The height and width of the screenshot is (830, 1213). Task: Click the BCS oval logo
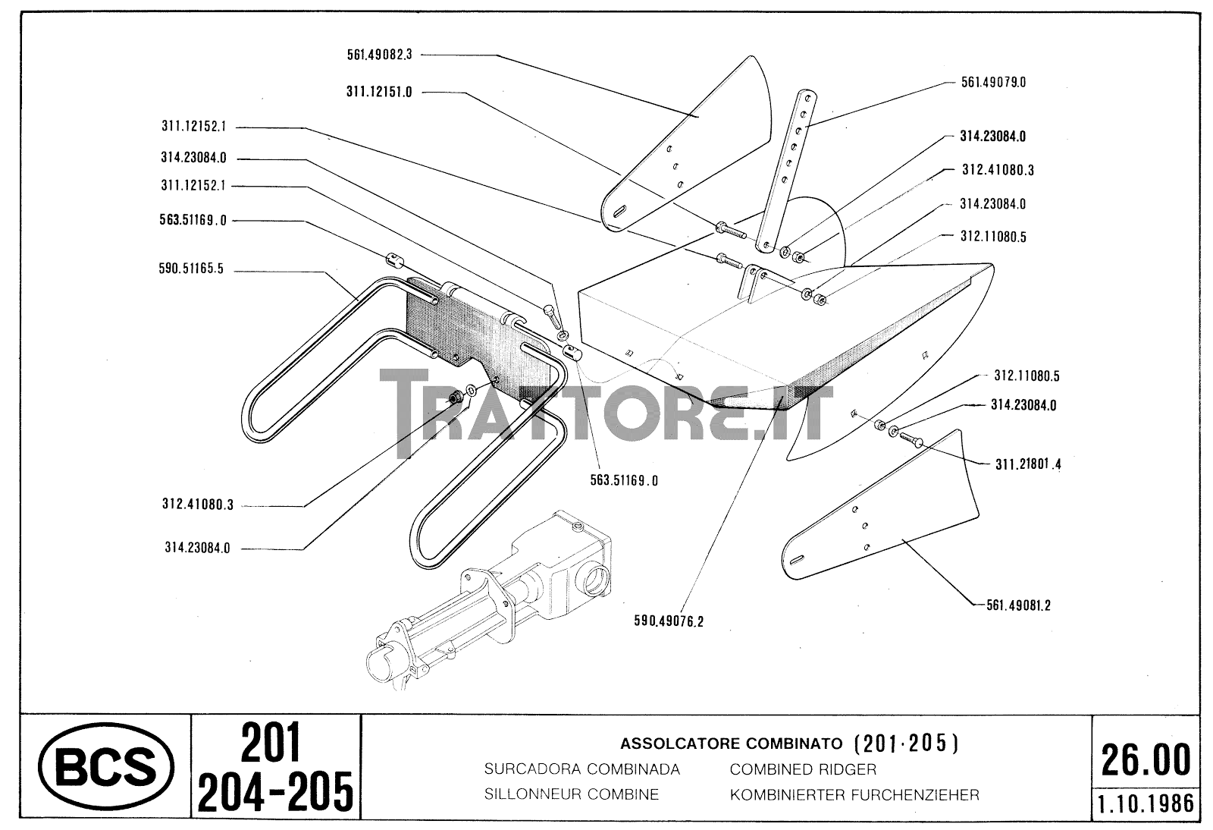105,768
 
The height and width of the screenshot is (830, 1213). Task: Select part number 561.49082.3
377,55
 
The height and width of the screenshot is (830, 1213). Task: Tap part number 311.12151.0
379,92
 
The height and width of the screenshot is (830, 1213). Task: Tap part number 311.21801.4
1028,464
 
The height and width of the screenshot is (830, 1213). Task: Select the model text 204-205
274,791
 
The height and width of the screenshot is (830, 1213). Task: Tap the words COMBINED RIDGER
803,769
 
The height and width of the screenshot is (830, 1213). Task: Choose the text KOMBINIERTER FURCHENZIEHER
854,795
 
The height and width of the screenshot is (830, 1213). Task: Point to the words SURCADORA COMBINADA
581,769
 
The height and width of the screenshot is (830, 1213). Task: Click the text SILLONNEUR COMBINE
571,795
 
